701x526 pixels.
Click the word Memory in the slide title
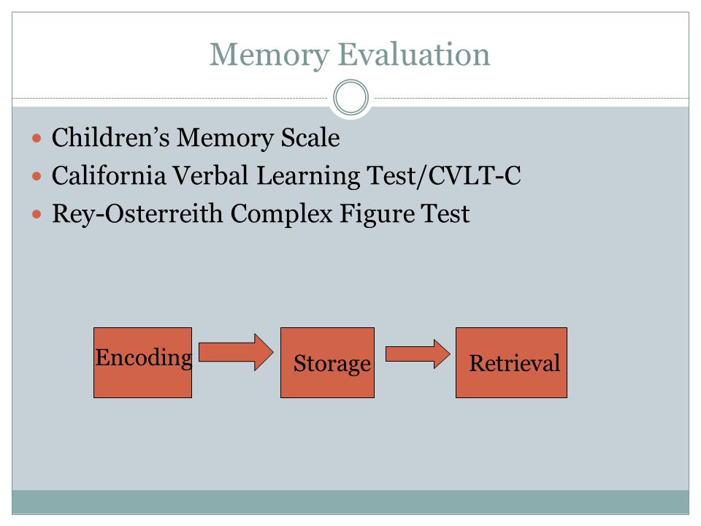click(x=269, y=56)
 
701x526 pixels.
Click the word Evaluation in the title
click(x=414, y=54)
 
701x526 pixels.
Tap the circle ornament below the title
click(x=351, y=97)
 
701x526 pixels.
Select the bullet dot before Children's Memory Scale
click(x=37, y=138)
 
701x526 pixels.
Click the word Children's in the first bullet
click(x=110, y=137)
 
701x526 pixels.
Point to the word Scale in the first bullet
click(x=310, y=137)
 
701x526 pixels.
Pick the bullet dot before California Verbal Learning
click(x=37, y=176)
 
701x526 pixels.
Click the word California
click(x=109, y=175)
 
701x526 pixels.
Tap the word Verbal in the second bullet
click(x=210, y=175)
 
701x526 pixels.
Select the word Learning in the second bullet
click(x=307, y=176)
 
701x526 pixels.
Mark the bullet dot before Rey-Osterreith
click(x=37, y=214)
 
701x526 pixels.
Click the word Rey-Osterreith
click(x=137, y=214)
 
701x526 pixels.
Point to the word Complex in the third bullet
click(x=281, y=214)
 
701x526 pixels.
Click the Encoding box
click(x=142, y=363)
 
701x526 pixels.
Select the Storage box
click(x=327, y=363)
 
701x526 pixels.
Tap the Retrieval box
click(x=511, y=363)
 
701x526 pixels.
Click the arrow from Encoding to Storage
click(x=236, y=352)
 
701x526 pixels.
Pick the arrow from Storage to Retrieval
click(x=418, y=354)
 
